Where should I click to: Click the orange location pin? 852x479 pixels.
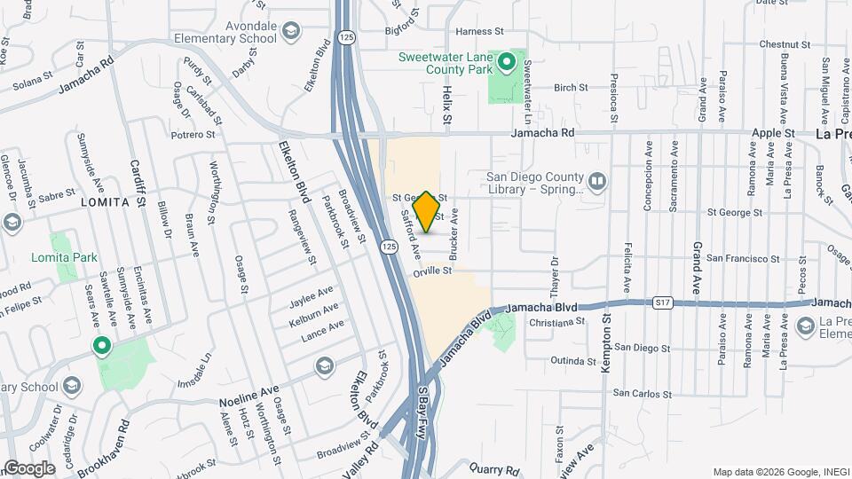[x=427, y=212]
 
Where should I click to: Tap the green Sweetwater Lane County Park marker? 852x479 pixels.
[x=507, y=61]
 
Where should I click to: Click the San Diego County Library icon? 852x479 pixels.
[x=598, y=183]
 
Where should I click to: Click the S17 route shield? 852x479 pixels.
[x=661, y=303]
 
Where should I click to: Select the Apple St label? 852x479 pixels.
[x=772, y=133]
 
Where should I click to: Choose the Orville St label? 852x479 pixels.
[x=433, y=272]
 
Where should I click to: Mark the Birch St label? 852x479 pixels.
[x=571, y=88]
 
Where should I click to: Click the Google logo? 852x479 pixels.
[x=28, y=467]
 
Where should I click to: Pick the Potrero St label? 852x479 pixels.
[x=193, y=135]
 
